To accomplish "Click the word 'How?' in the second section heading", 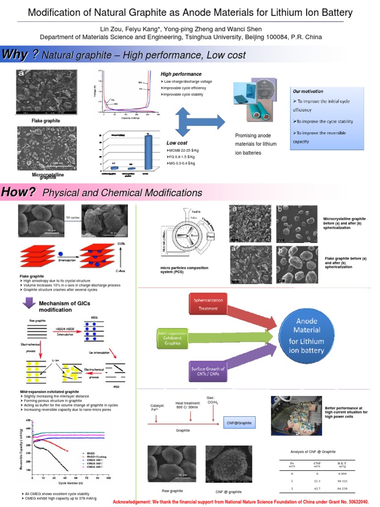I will point(18,192).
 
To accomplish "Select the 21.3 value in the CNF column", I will point(317,481).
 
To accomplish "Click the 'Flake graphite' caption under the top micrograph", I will point(46,120).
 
